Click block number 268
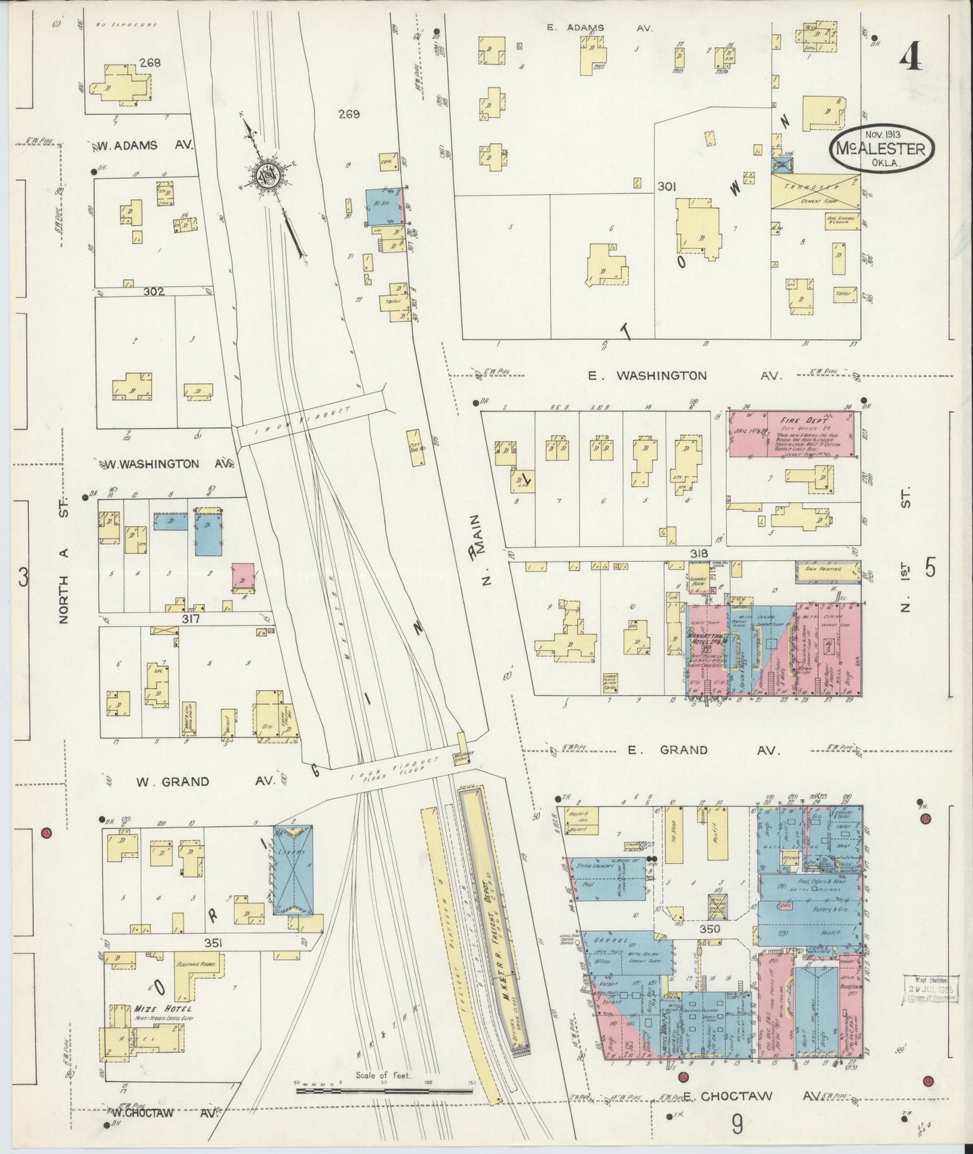[149, 63]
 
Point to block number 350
[710, 928]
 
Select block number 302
[154, 292]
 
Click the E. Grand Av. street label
[683, 749]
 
